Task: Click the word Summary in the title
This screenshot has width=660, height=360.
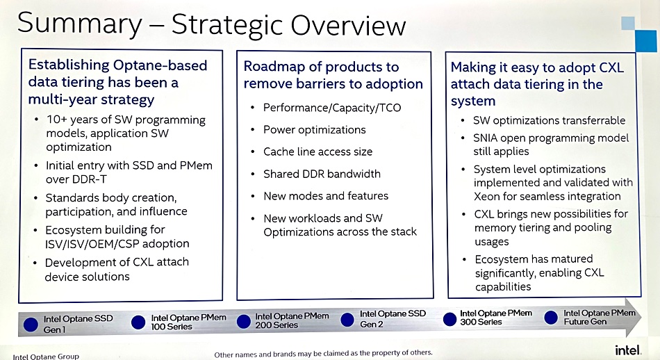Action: click(x=80, y=24)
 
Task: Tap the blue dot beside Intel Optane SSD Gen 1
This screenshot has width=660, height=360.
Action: click(x=31, y=325)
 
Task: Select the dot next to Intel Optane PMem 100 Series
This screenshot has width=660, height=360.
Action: click(x=138, y=322)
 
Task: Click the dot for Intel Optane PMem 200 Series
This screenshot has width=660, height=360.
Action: click(x=243, y=322)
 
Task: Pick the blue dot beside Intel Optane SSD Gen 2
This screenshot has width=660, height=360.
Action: click(x=347, y=320)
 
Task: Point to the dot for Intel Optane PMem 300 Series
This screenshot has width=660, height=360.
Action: click(x=449, y=319)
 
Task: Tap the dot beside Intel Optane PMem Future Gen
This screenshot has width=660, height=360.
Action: click(x=550, y=318)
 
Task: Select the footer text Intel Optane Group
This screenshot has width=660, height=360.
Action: click(x=46, y=357)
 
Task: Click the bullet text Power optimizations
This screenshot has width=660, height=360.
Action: click(x=315, y=130)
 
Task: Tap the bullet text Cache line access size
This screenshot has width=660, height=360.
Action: click(x=317, y=152)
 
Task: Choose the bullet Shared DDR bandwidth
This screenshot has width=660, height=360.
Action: click(x=322, y=174)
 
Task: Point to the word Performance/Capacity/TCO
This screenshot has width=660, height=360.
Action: click(x=332, y=108)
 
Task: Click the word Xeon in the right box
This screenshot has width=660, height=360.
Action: click(x=486, y=197)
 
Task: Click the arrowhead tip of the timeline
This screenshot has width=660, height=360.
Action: click(x=643, y=316)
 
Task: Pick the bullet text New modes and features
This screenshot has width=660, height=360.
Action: click(x=326, y=196)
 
